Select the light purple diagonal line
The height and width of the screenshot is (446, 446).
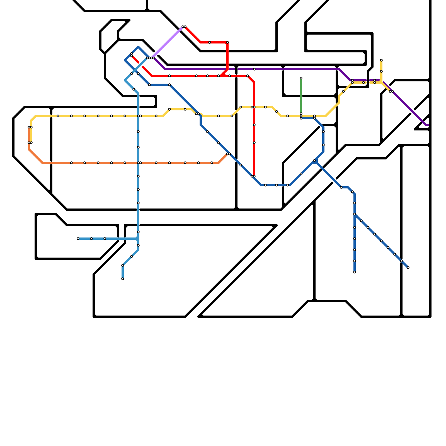click(x=167, y=42)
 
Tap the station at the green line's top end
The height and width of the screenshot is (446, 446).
click(x=301, y=78)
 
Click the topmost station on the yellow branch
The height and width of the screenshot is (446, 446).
click(x=381, y=60)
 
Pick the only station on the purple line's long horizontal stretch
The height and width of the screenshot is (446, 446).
click(x=254, y=69)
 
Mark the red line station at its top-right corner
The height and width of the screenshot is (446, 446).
click(x=227, y=42)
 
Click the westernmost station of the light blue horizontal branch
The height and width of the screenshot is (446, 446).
click(x=78, y=239)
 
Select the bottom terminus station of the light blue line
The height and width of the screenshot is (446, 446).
click(x=123, y=279)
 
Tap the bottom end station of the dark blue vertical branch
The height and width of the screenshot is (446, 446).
click(x=355, y=272)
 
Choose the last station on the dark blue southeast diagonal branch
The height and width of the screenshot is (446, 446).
click(x=408, y=268)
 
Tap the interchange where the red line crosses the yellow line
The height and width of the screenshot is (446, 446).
click(x=253, y=107)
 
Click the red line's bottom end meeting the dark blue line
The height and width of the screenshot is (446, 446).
click(x=253, y=176)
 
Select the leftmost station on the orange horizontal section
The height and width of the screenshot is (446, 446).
click(x=71, y=163)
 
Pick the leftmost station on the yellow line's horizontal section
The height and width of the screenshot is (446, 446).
click(x=58, y=116)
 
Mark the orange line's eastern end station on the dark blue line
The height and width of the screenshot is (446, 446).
click(x=228, y=154)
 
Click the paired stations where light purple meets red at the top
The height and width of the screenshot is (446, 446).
click(x=184, y=27)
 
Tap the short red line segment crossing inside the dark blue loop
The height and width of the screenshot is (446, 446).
click(x=135, y=59)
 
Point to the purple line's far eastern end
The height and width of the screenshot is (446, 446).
click(x=428, y=125)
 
